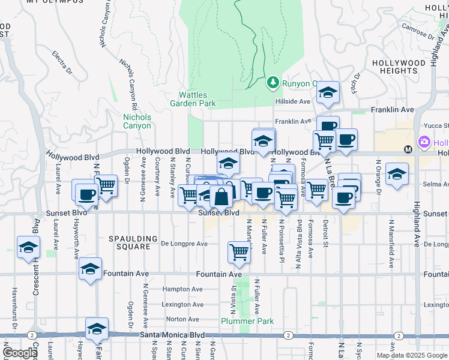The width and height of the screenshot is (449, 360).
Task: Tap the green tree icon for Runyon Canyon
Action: tap(273, 82)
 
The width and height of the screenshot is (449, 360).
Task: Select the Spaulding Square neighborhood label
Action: tap(133, 242)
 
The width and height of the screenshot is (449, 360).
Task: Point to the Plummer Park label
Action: tap(247, 321)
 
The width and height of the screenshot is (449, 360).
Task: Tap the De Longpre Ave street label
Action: tap(184, 244)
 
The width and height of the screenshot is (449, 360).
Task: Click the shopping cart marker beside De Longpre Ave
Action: tap(239, 252)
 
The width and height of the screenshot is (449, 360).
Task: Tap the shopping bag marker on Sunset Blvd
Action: tap(221, 196)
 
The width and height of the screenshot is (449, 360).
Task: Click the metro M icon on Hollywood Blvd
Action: tap(408, 149)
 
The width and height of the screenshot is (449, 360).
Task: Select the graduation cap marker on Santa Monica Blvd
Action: tap(97, 328)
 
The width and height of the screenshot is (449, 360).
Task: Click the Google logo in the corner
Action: tap(20, 353)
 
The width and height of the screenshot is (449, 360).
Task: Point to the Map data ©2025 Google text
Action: tap(411, 355)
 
